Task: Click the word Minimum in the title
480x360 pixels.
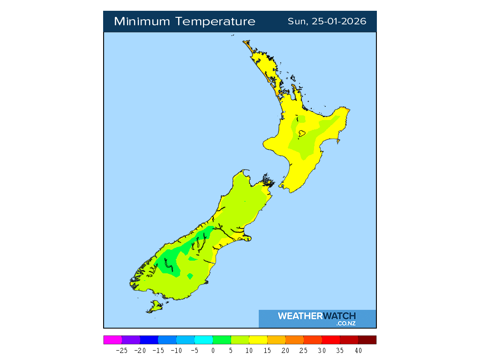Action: (x=142, y=22)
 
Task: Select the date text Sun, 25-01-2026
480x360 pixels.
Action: (x=327, y=22)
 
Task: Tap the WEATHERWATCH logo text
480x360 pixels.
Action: (x=317, y=316)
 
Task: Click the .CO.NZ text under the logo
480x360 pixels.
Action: (x=346, y=323)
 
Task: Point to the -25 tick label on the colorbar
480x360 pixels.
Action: (x=122, y=350)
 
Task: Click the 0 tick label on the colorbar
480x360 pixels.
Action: (x=213, y=350)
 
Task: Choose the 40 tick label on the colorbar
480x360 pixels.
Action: (x=358, y=350)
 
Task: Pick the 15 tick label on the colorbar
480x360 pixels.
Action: (x=267, y=350)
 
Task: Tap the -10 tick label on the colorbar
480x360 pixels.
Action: (x=176, y=350)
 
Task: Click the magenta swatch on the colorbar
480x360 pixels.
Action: (x=112, y=340)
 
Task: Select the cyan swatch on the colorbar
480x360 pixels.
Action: (x=203, y=340)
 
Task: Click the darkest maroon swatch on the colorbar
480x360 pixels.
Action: (x=367, y=340)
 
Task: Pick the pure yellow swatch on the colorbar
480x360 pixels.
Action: (x=258, y=340)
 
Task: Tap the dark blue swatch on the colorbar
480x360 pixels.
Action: (x=149, y=340)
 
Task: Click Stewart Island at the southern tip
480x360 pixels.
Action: (x=155, y=307)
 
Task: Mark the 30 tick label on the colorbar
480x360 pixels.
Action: (x=322, y=350)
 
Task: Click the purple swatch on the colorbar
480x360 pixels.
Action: (x=131, y=340)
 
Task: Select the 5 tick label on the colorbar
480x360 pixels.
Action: (x=231, y=350)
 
